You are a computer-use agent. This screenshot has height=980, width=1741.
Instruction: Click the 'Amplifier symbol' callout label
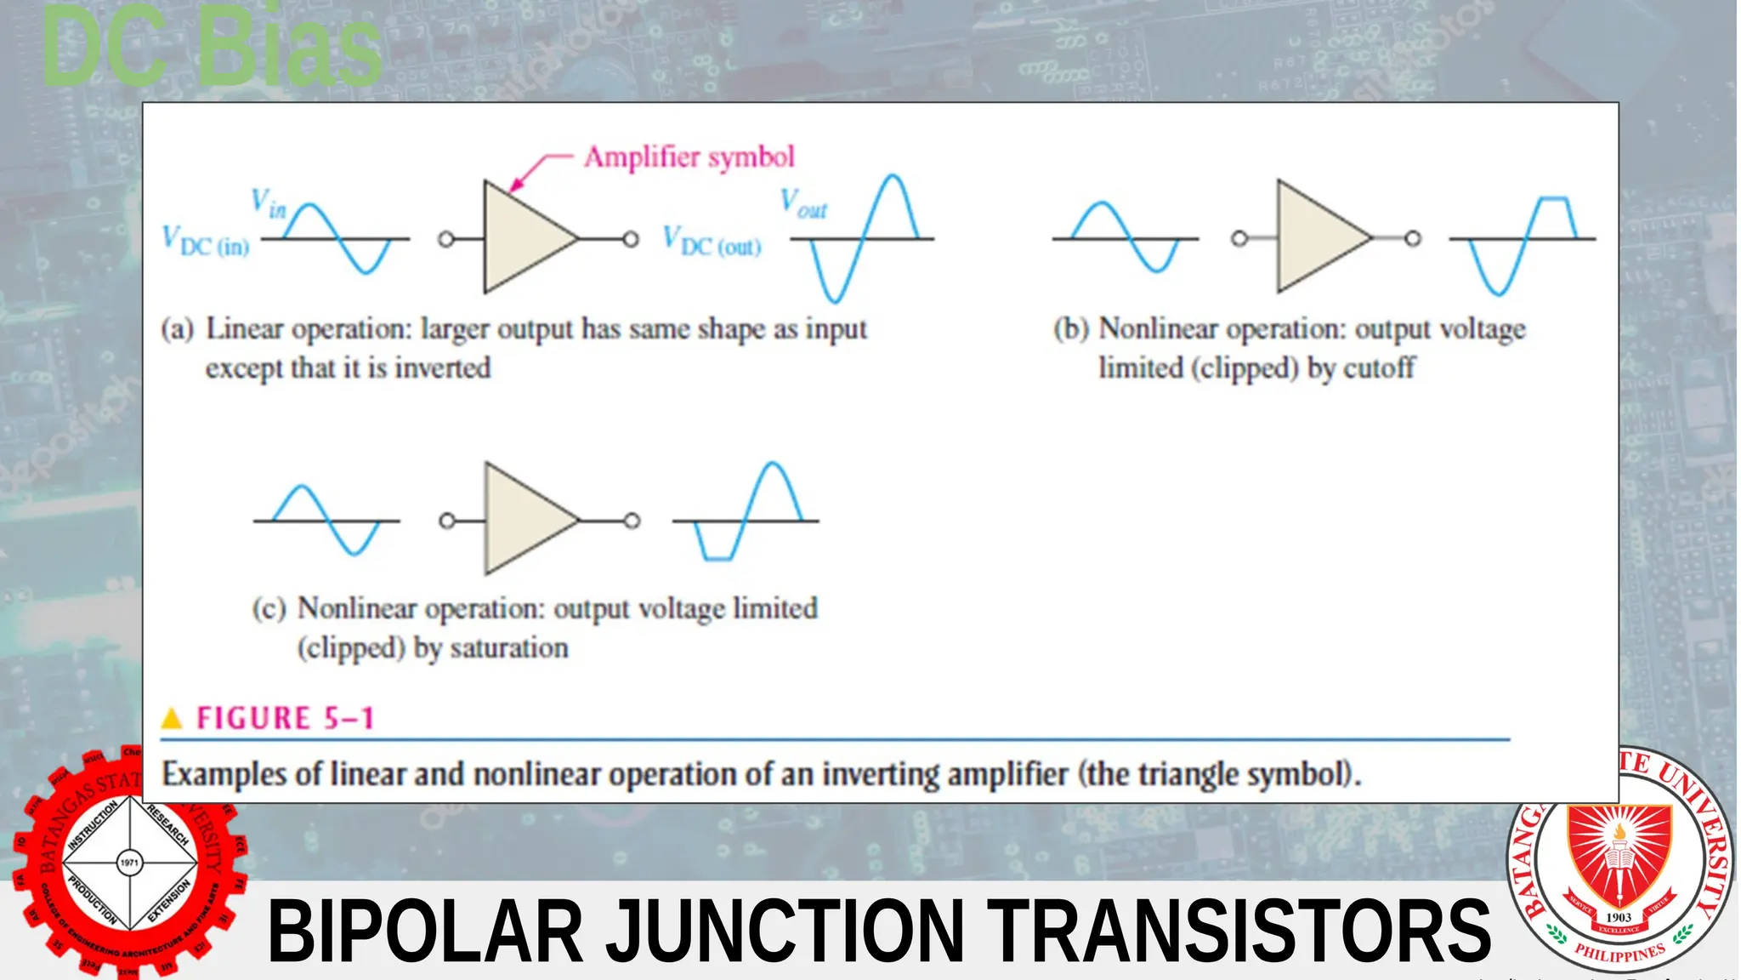click(x=689, y=157)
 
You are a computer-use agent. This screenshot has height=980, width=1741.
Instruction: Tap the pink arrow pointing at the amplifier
click(x=536, y=170)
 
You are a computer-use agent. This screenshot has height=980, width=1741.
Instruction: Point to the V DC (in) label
click(x=207, y=242)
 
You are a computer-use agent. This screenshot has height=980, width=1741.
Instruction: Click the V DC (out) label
click(x=712, y=242)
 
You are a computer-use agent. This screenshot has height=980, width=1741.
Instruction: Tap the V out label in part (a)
click(x=803, y=204)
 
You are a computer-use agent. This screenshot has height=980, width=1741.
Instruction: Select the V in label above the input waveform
click(x=269, y=203)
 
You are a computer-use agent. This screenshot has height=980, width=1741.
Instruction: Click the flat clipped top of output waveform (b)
click(x=1555, y=199)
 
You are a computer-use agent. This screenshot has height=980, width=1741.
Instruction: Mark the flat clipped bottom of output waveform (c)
click(x=718, y=558)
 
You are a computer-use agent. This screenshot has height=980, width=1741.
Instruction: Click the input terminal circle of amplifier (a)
click(x=446, y=240)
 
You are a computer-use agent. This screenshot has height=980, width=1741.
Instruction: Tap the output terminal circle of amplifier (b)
click(x=1412, y=239)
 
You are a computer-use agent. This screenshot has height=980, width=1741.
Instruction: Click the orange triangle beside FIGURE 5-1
click(x=172, y=719)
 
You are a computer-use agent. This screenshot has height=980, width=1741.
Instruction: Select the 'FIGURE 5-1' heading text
click(x=286, y=719)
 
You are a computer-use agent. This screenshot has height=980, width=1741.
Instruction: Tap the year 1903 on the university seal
click(x=1619, y=917)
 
